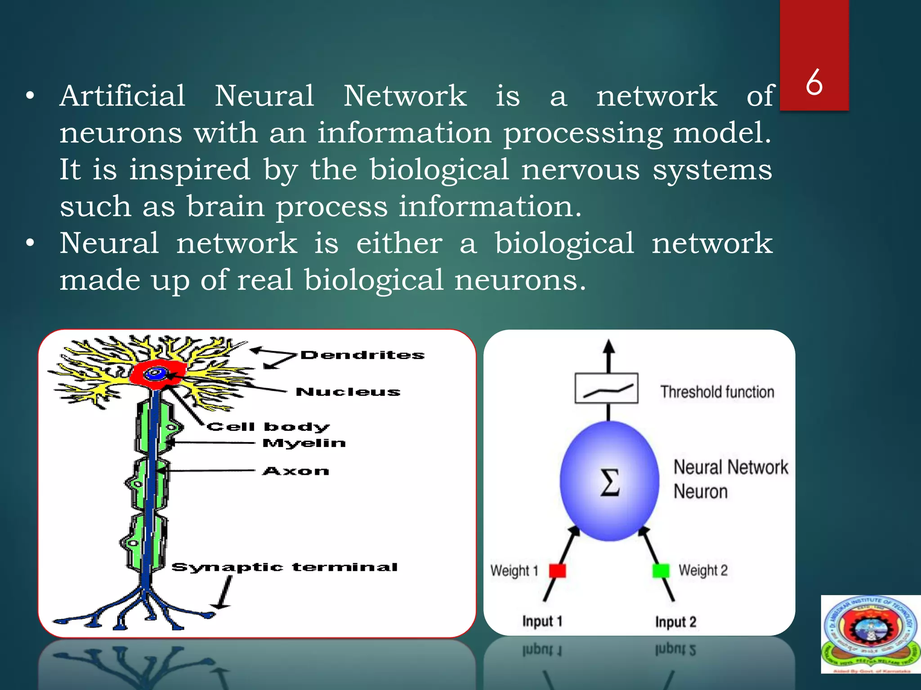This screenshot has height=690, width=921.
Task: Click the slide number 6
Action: point(814,83)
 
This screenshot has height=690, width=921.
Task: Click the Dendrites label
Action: point(362,355)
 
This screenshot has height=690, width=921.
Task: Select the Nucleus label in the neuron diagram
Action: point(348,392)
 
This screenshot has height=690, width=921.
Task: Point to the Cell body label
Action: point(268,426)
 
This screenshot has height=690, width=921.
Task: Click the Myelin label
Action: point(304,443)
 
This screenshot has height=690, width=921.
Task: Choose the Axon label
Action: point(296,471)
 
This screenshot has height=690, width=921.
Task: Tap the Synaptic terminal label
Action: point(285,567)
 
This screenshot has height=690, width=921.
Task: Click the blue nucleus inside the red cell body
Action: point(157,373)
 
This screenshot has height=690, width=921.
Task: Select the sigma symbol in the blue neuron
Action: point(610,482)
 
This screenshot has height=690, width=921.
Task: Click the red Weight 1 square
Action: point(558,571)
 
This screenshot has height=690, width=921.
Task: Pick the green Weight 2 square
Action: point(661,571)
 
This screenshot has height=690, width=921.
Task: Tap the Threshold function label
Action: point(717,392)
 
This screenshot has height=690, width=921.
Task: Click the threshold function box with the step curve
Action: point(606,389)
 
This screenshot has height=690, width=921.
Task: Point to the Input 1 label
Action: point(542,621)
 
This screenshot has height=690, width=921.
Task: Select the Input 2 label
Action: point(675,622)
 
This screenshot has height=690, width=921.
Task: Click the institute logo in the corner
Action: point(870,634)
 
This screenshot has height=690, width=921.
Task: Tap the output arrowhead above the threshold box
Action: point(609,347)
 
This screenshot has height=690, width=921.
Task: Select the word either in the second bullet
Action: point(399,243)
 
